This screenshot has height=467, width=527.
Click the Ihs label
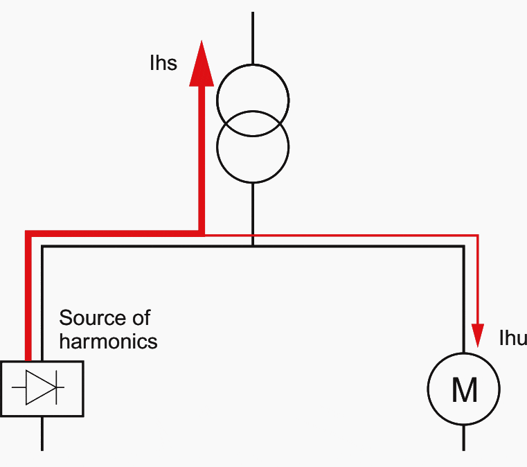coord(163,64)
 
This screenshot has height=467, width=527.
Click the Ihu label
coord(513,338)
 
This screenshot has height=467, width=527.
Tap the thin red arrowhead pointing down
coord(477,335)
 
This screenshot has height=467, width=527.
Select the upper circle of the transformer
coord(253,101)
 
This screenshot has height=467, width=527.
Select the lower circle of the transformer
coord(253,147)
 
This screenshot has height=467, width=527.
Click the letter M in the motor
coord(464,391)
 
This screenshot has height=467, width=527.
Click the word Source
coord(89,318)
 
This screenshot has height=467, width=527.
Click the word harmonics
coord(108,341)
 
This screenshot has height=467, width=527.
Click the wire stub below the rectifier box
coord(42,434)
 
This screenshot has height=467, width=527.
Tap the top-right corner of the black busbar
coord(463,247)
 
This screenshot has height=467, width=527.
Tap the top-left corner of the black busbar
coord(43,247)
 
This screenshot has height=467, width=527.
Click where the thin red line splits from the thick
coord(204,234)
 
